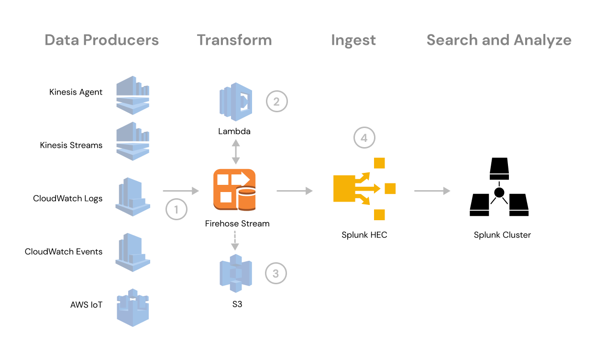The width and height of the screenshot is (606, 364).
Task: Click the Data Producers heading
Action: tap(101, 40)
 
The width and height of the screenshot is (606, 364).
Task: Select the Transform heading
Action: tap(234, 40)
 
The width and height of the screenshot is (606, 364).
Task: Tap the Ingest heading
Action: tap(353, 41)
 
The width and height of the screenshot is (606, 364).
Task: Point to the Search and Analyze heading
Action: tap(499, 40)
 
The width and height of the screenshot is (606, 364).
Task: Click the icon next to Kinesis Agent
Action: tap(133, 95)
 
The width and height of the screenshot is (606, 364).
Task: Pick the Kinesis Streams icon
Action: tap(133, 141)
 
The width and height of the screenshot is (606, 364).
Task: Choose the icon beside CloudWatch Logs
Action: tap(133, 197)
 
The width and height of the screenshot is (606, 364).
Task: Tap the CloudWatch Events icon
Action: tap(133, 252)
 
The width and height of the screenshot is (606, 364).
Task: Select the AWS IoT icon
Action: tap(133, 307)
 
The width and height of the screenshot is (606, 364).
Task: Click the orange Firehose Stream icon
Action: tap(234, 190)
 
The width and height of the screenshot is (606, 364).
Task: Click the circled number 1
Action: tap(176, 209)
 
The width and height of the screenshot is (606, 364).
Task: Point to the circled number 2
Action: tap(277, 101)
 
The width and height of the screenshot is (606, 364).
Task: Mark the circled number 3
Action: tap(276, 274)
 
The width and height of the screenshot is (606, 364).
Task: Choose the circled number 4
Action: tap(364, 138)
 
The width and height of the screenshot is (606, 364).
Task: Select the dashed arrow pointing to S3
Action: tap(235, 240)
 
